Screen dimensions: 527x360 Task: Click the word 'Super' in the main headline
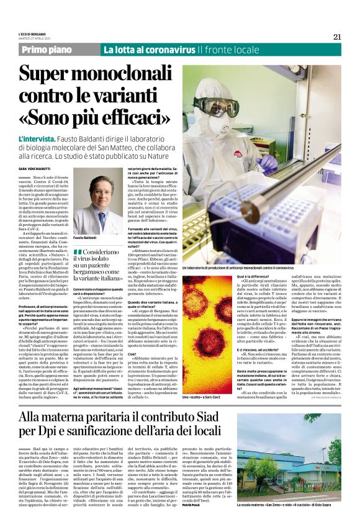tap(50, 76)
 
